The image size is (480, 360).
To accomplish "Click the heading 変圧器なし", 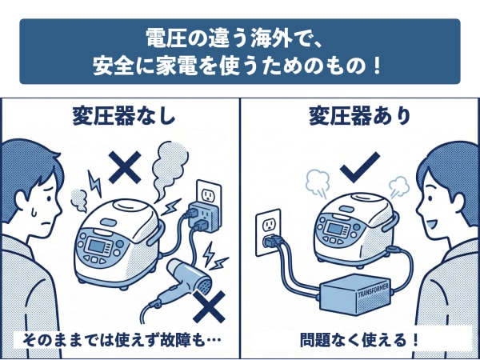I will pos(120,117).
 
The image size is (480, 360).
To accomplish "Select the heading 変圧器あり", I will pos(361,117).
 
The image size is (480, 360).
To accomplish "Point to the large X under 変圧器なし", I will pos(124,167).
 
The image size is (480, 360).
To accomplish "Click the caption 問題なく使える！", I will pos(360,338).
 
